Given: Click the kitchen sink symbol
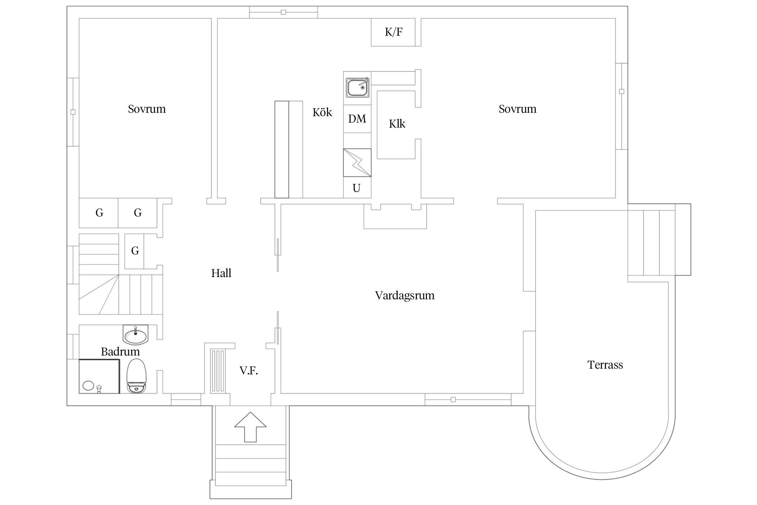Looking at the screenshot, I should [357, 88].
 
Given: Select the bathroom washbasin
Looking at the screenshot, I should [136, 335].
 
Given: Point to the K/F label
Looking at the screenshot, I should [393, 32].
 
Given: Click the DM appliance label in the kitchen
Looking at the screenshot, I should [357, 119].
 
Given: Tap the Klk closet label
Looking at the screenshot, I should [397, 124].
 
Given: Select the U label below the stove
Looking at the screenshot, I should [357, 188].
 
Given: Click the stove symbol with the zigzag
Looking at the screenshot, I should [357, 163].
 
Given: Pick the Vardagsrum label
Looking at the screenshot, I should [405, 296].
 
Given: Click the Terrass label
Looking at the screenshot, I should [605, 365].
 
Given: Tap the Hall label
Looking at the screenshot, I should [221, 273].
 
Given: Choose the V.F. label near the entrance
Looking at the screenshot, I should [249, 371].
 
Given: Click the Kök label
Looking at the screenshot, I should [322, 112].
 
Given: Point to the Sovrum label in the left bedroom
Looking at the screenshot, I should [147, 109].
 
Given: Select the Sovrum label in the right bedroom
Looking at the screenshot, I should [517, 109].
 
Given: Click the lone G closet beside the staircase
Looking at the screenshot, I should [135, 251].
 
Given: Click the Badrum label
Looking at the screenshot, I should [120, 352].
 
